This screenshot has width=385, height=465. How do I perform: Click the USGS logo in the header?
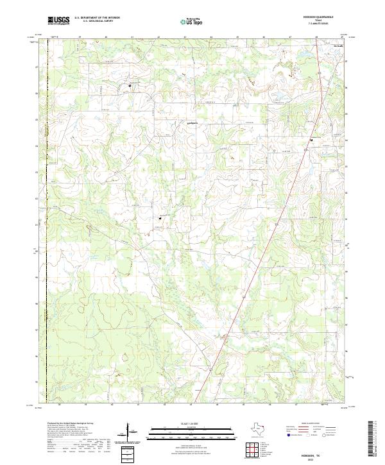tap(59, 21)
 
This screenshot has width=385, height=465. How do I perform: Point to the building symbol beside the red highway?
tap(312, 140)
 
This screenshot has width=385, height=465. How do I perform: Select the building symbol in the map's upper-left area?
tap(130, 85)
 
